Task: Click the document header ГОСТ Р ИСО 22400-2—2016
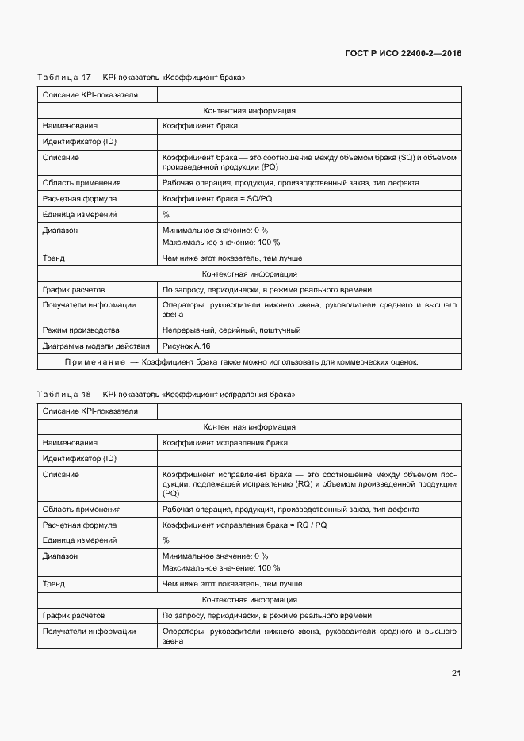click(x=403, y=54)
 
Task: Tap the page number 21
click(x=456, y=674)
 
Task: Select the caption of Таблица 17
click(x=141, y=78)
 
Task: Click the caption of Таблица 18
click(x=166, y=394)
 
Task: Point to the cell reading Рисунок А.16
click(x=186, y=346)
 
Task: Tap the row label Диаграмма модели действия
click(x=95, y=346)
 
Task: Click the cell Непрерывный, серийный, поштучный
click(x=231, y=330)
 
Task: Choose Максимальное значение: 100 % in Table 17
click(x=220, y=243)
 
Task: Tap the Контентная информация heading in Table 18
click(x=250, y=427)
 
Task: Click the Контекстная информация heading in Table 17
click(x=250, y=274)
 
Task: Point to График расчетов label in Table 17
click(x=73, y=290)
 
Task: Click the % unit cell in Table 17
click(x=166, y=215)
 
